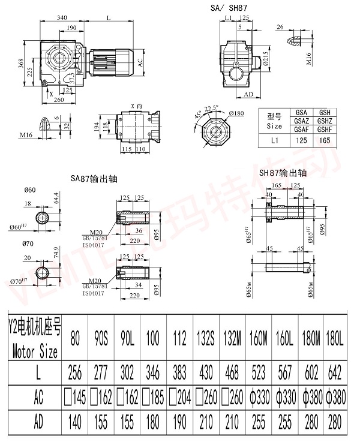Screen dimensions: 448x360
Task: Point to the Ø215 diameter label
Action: point(265,60)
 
